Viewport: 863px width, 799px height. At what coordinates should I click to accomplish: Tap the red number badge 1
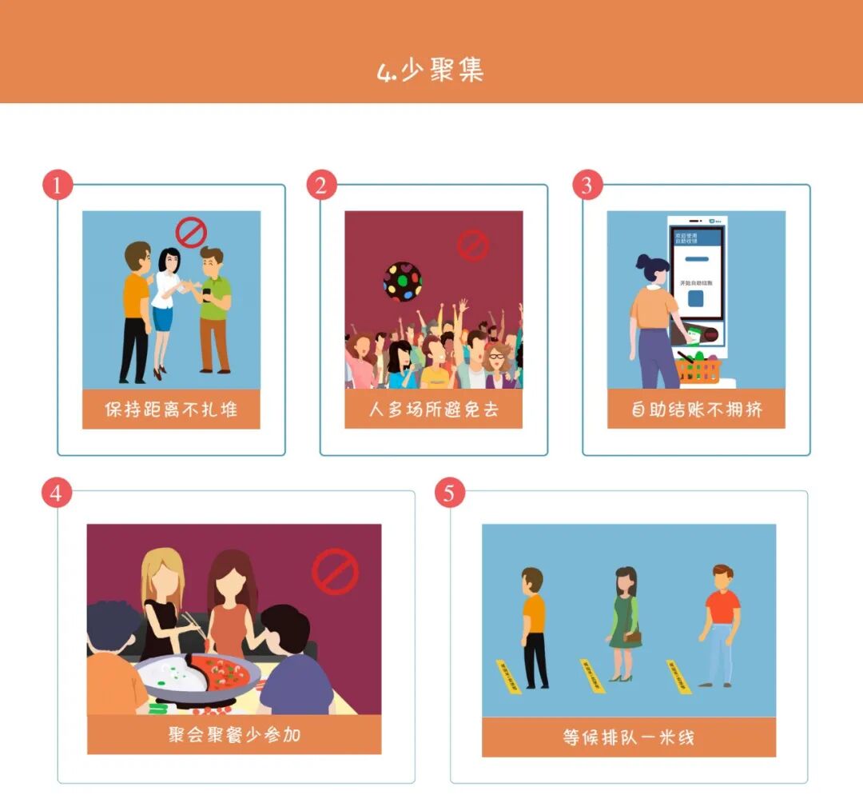[57, 186]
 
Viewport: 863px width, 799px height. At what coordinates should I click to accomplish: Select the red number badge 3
[587, 186]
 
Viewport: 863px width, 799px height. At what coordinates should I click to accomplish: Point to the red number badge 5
[449, 493]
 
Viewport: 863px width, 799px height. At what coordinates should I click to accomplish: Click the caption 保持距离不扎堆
[171, 409]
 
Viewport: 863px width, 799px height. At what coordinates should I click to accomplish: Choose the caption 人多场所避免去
[433, 409]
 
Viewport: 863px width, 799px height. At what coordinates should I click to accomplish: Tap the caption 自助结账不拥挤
[696, 409]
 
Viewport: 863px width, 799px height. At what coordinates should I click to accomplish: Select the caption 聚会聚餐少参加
[234, 734]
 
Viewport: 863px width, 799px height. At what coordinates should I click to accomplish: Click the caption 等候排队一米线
[628, 737]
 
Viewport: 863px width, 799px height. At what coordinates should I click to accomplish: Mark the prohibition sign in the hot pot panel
[335, 571]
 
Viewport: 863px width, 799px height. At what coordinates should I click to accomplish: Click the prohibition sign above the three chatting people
[191, 233]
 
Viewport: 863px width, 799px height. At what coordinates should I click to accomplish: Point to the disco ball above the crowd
[402, 281]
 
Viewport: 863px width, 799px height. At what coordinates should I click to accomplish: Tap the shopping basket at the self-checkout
[698, 369]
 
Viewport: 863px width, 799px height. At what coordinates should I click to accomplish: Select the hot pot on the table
[195, 677]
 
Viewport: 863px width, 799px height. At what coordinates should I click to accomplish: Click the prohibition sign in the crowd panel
[472, 246]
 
